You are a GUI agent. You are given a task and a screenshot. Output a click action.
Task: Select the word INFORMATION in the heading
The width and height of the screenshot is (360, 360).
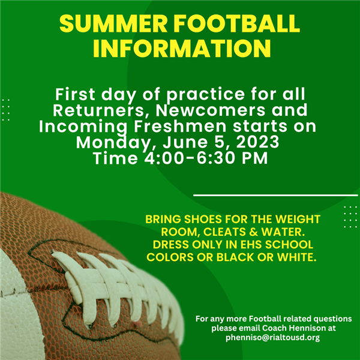tap(182, 49)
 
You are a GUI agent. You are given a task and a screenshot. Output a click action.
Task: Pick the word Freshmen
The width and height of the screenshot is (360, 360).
tap(180, 126)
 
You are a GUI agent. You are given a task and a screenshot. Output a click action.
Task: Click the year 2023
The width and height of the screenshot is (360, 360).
tap(257, 142)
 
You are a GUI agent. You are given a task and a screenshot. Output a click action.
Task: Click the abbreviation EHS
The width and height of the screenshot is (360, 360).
tap(251, 245)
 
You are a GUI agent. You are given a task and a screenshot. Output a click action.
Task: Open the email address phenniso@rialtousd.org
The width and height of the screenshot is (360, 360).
tap(273, 338)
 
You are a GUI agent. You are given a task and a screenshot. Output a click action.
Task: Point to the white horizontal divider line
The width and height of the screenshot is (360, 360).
tap(275, 196)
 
